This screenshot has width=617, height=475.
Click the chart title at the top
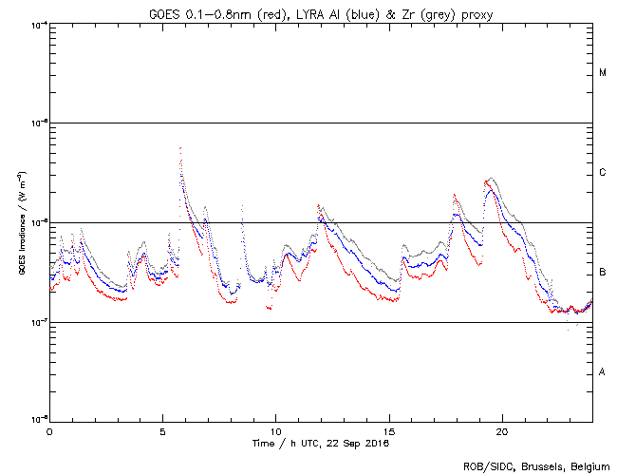(320, 10)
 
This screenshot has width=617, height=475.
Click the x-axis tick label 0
(49, 431)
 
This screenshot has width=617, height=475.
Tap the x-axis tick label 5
(162, 431)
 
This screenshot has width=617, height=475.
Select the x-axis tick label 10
(275, 431)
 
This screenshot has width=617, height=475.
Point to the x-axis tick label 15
(389, 431)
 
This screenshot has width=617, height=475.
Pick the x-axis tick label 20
(502, 431)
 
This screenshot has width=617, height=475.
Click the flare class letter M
(603, 72)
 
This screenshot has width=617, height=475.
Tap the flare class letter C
(603, 173)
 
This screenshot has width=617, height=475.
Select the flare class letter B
(603, 273)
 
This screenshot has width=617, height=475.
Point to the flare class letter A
(603, 371)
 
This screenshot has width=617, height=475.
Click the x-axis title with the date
(321, 443)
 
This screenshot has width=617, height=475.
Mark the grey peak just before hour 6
(180, 148)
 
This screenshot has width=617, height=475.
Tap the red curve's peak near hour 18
(455, 196)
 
